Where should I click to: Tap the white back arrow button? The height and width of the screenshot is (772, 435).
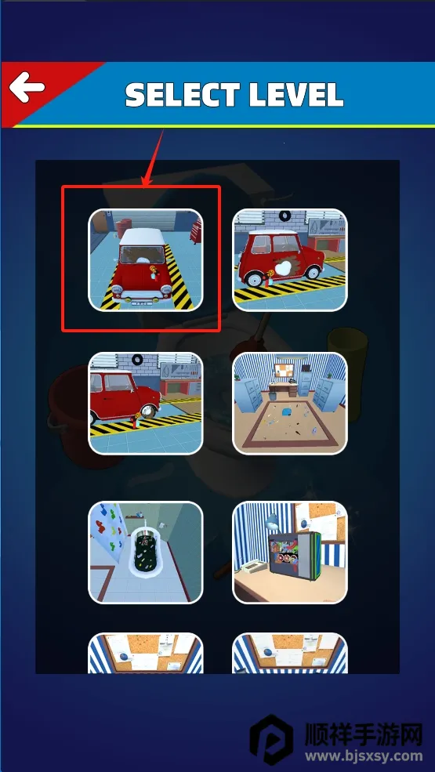tap(27, 88)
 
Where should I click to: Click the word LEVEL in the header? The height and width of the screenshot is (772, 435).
tap(296, 95)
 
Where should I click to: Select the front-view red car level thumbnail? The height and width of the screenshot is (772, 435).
tap(145, 260)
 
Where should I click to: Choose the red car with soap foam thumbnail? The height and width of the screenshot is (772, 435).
tap(290, 260)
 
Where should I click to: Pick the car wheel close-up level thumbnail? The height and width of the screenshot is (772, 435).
tap(145, 403)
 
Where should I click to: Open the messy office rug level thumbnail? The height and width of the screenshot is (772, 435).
tap(290, 403)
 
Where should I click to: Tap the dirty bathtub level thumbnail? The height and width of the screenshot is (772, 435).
tap(145, 553)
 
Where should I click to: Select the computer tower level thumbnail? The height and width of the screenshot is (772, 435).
tap(290, 553)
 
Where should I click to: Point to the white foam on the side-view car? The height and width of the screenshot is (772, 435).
tap(282, 269)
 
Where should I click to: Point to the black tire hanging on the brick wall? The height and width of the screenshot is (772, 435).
tap(285, 216)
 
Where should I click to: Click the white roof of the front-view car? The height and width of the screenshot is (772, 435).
tap(143, 237)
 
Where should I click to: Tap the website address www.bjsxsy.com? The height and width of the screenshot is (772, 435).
tap(364, 756)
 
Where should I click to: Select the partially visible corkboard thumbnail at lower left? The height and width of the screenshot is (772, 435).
tap(145, 653)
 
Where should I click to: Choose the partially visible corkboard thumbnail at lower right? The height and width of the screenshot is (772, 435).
tap(290, 653)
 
